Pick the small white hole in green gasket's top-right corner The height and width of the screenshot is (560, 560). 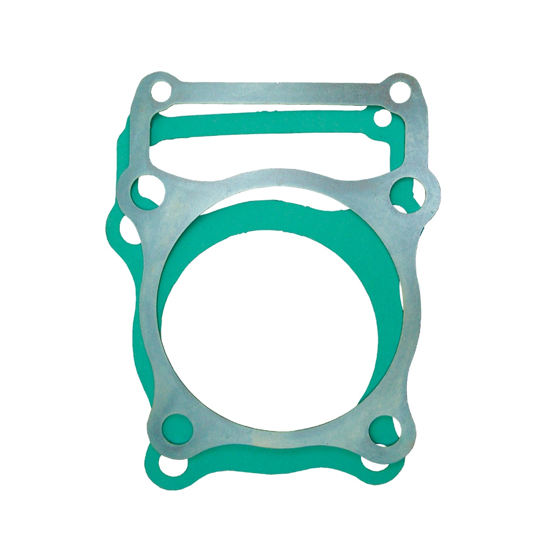click(383, 119)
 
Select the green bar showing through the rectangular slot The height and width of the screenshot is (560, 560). click(271, 125)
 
